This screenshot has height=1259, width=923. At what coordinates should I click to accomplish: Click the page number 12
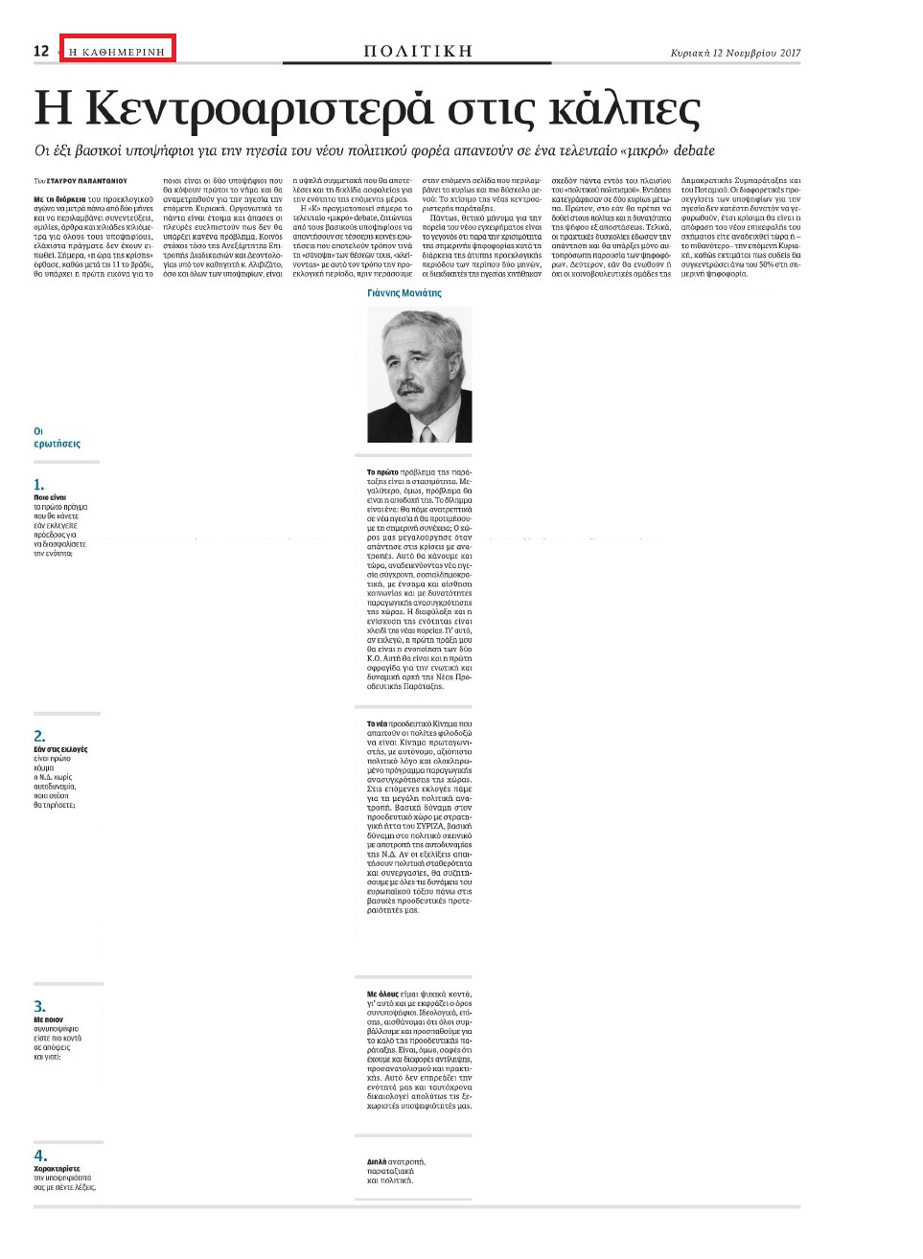coord(41,51)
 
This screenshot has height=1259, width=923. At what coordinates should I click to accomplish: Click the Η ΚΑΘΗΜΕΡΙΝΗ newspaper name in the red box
coord(117,51)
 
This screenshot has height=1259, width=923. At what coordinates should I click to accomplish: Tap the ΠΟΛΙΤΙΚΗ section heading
coord(418,51)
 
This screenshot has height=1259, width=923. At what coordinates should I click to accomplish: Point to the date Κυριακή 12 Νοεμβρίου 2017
coord(735,54)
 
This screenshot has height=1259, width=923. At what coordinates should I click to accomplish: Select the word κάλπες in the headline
coord(623,110)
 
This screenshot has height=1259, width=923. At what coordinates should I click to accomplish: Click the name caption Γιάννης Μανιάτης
coord(404,293)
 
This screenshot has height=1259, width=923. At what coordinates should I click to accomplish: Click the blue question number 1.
coord(39,485)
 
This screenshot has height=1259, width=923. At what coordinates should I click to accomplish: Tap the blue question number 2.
coord(39,736)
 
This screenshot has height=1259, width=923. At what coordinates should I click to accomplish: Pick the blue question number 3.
coord(39,1006)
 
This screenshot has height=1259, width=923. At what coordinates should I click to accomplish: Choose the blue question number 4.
coord(39,1156)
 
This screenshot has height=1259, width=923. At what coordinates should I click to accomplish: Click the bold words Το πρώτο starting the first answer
coord(382,472)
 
